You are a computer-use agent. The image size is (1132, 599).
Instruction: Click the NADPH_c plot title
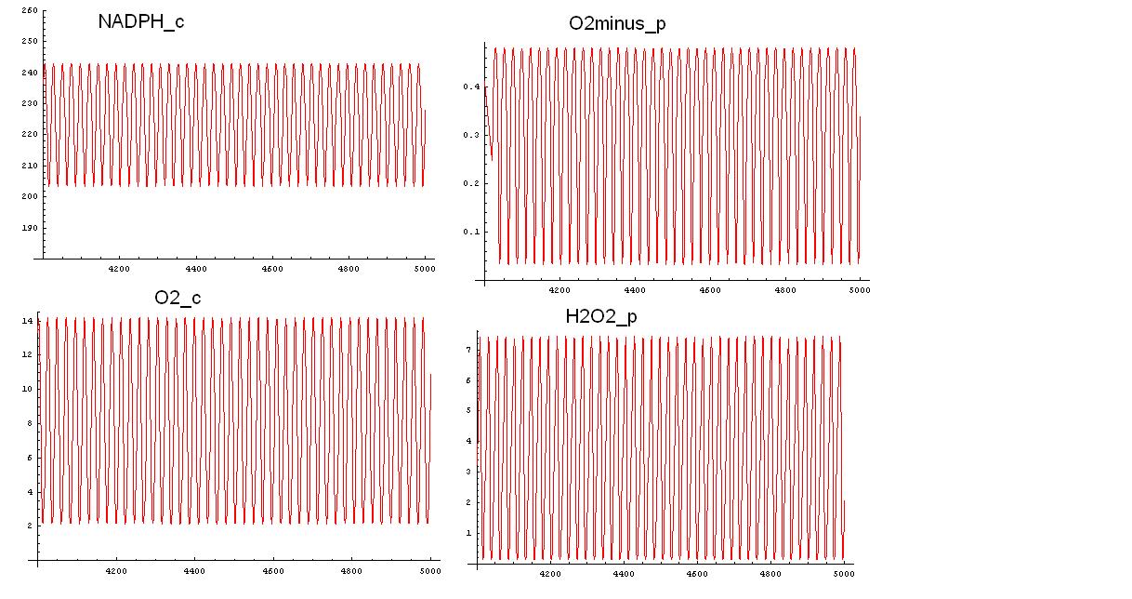[x=140, y=21]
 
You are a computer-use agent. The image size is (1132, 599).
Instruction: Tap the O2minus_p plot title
[x=617, y=23]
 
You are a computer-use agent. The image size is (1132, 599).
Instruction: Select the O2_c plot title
[x=178, y=298]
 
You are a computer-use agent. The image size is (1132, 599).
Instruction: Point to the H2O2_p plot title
[x=601, y=316]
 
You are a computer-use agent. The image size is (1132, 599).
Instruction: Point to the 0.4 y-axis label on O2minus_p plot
[x=471, y=87]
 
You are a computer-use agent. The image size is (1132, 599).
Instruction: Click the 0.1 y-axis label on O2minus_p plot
[x=471, y=232]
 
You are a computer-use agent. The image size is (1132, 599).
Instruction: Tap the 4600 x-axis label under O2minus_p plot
[x=710, y=290]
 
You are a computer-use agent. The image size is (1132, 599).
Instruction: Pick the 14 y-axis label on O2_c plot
[x=28, y=320]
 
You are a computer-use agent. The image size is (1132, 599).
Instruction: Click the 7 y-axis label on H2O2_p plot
[x=467, y=349]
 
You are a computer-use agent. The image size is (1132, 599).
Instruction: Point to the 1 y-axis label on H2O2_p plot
[x=467, y=533]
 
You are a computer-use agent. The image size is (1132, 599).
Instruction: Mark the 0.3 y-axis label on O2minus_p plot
[x=471, y=135]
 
